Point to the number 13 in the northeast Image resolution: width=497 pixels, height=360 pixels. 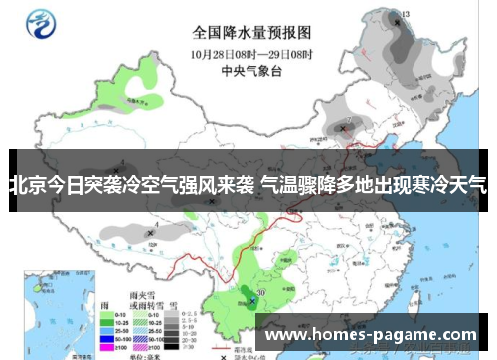(x=404, y=15)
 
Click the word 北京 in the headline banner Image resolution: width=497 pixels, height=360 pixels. (x=28, y=184)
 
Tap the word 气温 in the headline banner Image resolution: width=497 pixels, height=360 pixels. (x=279, y=184)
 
